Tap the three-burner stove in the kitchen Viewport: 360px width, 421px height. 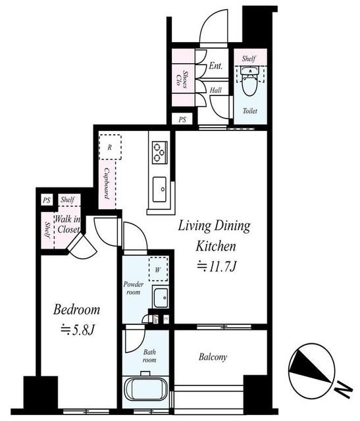point(160,152)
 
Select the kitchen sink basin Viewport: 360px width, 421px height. point(159,189)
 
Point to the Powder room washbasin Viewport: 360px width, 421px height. point(161,297)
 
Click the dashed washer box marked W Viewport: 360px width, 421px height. point(158,269)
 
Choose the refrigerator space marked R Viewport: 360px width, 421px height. point(110,147)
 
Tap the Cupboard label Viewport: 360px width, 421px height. point(107,184)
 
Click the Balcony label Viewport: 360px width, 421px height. point(213,357)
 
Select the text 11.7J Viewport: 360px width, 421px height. point(217,266)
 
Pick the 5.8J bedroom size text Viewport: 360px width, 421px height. point(78,330)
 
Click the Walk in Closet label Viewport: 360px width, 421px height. point(68,224)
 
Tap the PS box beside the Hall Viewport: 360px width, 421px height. point(182,120)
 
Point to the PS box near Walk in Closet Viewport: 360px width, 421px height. point(47,200)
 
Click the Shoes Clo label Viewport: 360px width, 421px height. point(182,78)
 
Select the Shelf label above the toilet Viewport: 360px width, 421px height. point(249,59)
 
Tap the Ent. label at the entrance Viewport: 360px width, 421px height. point(216,66)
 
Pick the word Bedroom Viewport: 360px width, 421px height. point(76,310)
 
